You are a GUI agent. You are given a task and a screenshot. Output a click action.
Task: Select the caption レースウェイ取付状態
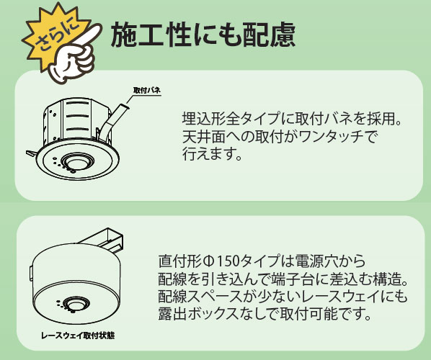[x=78, y=335]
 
